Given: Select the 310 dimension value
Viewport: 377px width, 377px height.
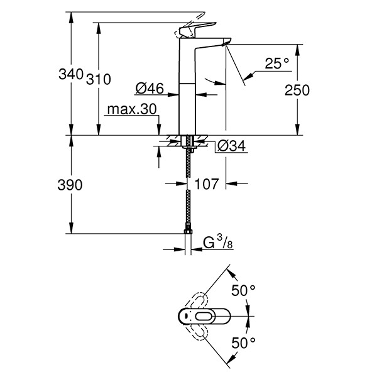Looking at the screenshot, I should pyautogui.click(x=99, y=79).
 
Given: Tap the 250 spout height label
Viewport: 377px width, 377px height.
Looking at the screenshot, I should pyautogui.click(x=297, y=90).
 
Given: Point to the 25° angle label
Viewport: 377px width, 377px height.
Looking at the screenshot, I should pyautogui.click(x=276, y=63).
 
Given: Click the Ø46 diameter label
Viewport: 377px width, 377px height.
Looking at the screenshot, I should pyautogui.click(x=150, y=89).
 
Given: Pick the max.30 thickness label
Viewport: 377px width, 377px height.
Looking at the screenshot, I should pyautogui.click(x=131, y=109).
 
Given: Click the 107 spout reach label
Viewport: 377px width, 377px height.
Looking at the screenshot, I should pyautogui.click(x=206, y=184).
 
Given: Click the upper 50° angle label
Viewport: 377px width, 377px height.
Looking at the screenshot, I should pyautogui.click(x=243, y=290).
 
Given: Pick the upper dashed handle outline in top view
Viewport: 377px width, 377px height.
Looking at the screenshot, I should pyautogui.click(x=197, y=300).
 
